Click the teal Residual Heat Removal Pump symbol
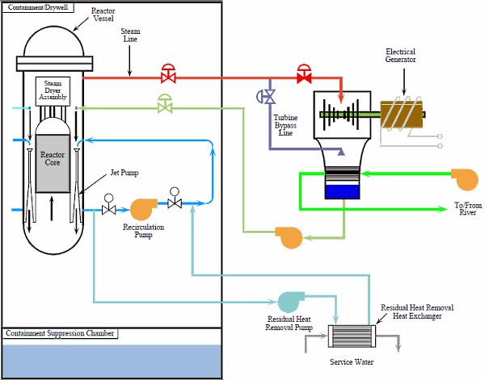289,301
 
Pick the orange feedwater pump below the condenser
289,236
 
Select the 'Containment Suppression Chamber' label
60,333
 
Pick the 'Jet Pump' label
124,173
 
